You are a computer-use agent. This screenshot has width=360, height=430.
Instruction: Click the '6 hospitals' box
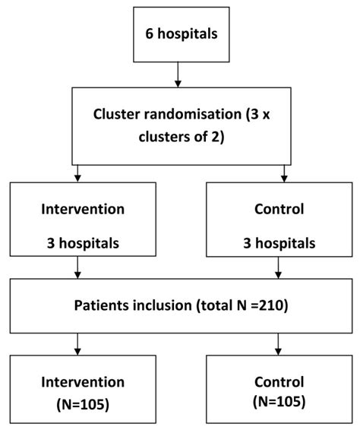177,35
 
